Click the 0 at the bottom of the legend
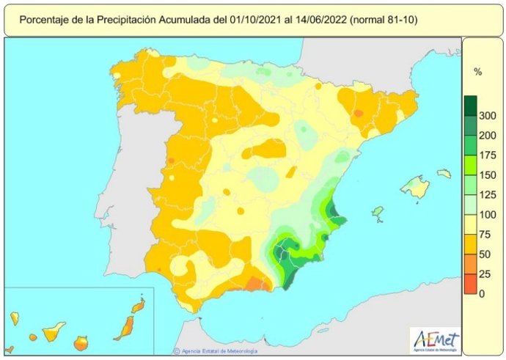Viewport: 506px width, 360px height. click(481, 294)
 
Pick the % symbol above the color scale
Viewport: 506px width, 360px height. click(478, 72)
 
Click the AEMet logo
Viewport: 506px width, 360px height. click(436, 339)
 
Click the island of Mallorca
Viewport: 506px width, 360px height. click(415, 188)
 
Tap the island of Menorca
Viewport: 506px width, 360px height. click(444, 174)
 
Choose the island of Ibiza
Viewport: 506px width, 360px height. click(378, 213)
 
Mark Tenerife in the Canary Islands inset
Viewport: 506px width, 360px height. click(53, 333)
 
